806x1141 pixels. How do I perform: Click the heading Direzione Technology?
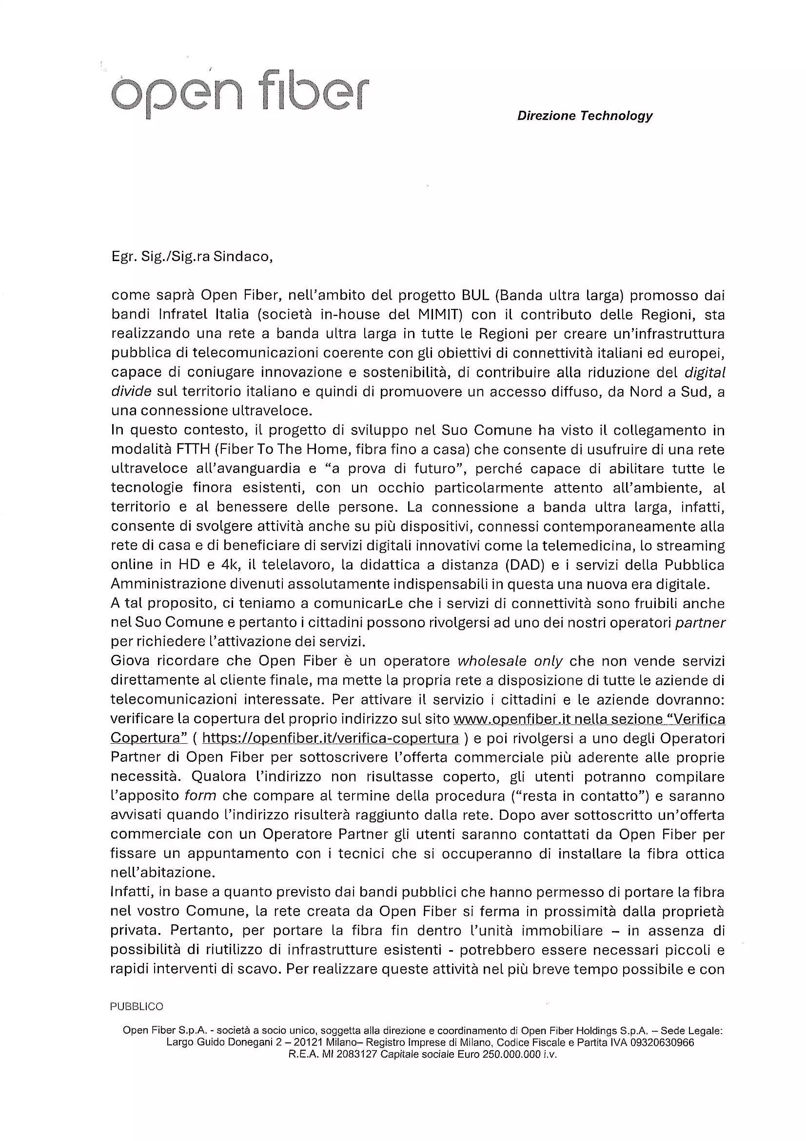click(585, 116)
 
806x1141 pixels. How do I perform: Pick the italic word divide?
click(131, 391)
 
